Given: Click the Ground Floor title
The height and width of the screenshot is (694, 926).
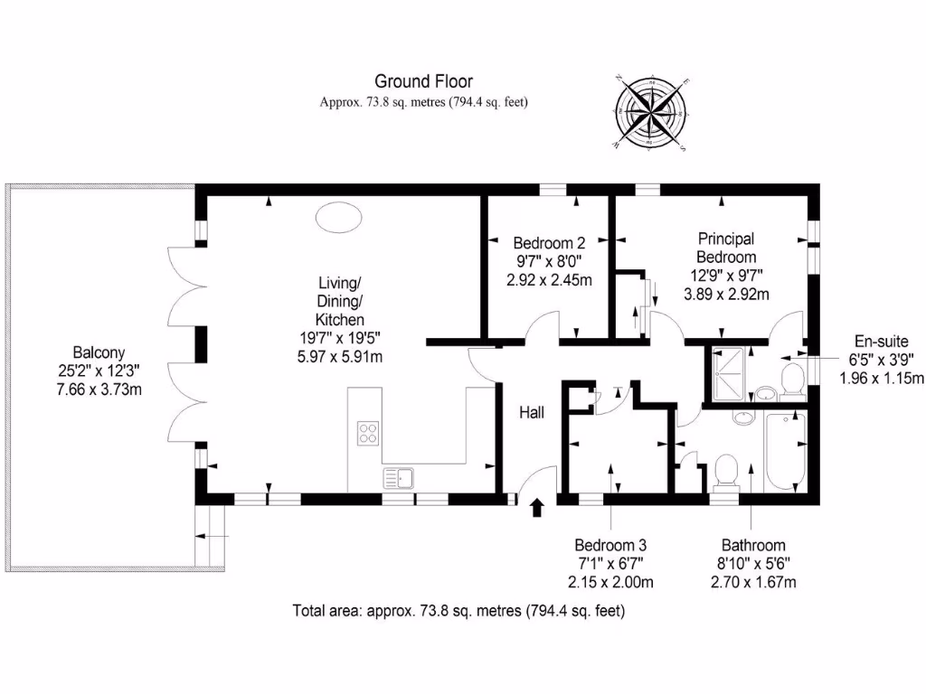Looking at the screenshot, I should tap(423, 82).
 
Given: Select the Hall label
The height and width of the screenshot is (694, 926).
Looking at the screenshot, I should tap(531, 413).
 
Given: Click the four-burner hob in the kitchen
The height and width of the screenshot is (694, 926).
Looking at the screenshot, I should tap(368, 433).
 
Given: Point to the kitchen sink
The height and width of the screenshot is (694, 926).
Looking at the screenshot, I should tap(399, 477).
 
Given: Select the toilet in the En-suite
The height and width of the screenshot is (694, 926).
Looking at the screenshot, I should tap(793, 380).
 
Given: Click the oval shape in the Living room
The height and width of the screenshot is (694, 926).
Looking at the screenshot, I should tap(339, 219).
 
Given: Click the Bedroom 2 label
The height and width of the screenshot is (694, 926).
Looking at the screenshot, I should tap(549, 243).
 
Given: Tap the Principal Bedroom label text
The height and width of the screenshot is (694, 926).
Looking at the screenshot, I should tap(725, 247).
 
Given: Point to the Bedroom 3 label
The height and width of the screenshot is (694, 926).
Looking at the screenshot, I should tap(610, 546).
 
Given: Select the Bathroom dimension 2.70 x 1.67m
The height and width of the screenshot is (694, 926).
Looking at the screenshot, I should tap(752, 582).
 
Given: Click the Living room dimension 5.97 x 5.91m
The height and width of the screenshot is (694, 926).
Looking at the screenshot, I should tap(339, 356).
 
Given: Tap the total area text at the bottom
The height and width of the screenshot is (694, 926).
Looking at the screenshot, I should tap(458, 611).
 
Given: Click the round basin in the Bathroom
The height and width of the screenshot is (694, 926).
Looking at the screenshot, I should tap(743, 419).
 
